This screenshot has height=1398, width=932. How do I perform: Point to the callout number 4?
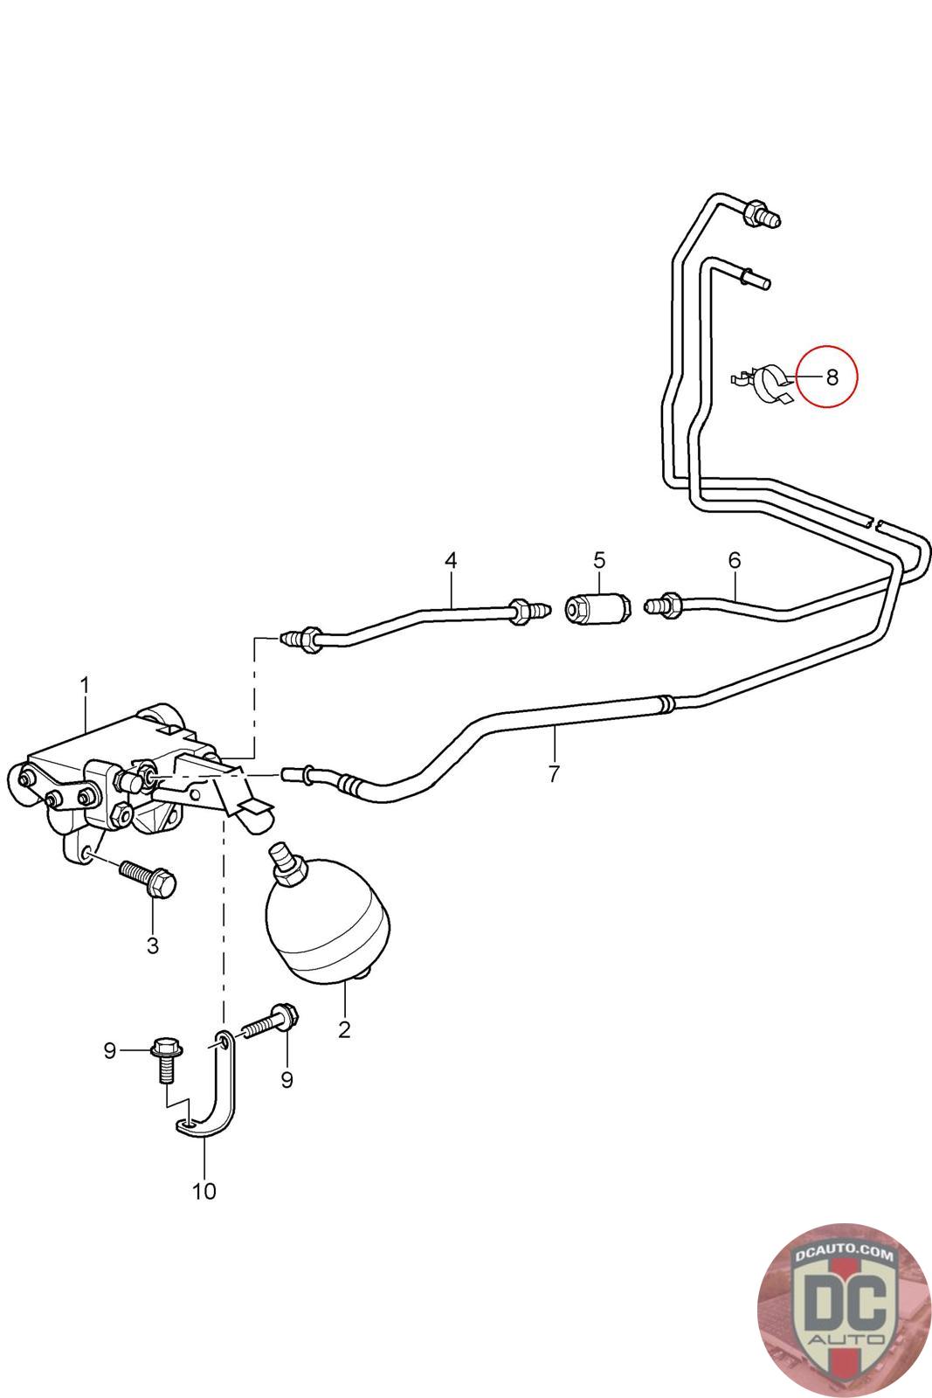point(451,560)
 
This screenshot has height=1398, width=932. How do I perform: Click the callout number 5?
point(599,559)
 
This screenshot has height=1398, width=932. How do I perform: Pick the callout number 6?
point(734,560)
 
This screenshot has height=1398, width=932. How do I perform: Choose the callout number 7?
point(554,773)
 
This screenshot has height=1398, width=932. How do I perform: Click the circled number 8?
point(832,377)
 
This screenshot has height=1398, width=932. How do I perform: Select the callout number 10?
point(204,1191)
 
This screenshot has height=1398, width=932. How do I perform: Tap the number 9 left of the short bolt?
point(110,1051)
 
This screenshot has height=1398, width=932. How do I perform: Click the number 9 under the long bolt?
point(287,1080)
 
